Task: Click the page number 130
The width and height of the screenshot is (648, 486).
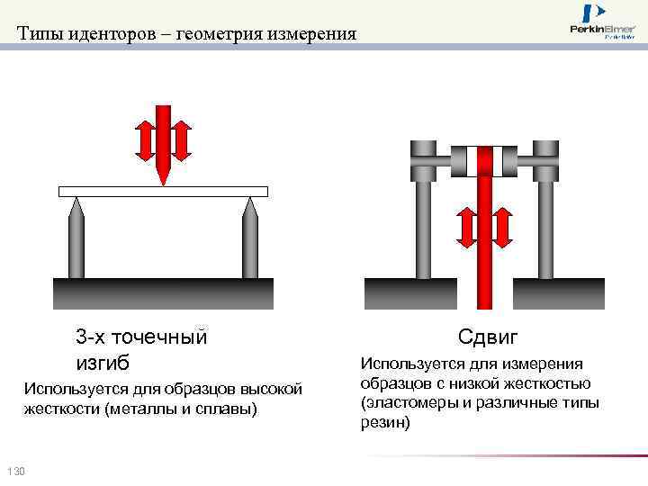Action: pos(15,472)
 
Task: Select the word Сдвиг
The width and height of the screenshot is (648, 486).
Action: pos(488,337)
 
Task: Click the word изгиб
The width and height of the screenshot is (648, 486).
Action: pos(103,363)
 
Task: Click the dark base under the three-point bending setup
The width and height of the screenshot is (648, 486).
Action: pos(163,293)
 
